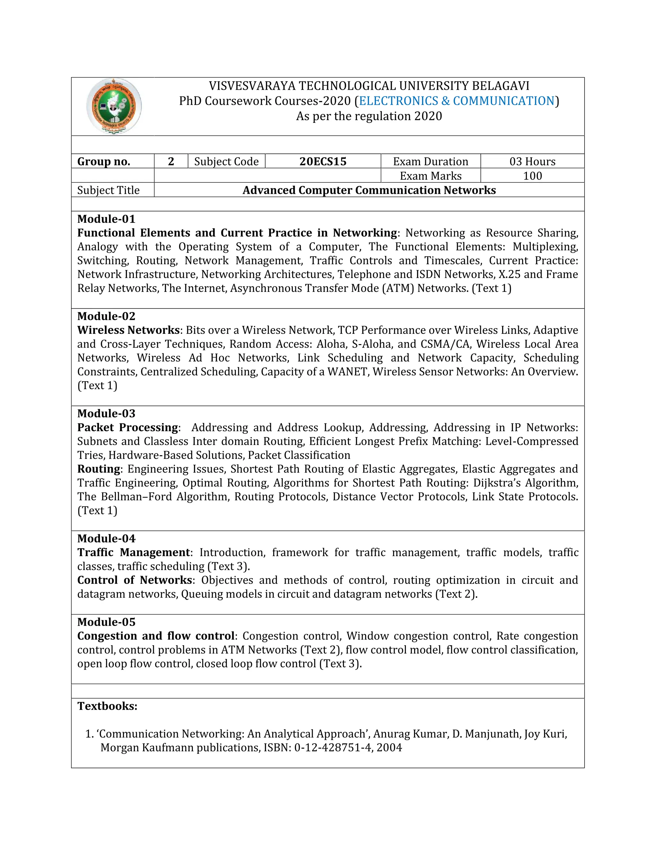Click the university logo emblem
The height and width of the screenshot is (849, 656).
(114, 106)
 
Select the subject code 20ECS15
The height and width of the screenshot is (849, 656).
(323, 161)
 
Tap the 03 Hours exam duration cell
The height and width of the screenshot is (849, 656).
(532, 161)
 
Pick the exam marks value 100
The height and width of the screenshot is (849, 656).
(532, 176)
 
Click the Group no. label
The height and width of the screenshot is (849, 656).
(104, 161)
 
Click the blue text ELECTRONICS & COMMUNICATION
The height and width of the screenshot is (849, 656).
(456, 101)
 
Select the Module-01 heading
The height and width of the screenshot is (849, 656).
(106, 219)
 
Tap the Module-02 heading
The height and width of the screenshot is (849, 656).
(106, 316)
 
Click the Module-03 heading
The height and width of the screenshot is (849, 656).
(106, 413)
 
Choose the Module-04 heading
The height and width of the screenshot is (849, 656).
(106, 539)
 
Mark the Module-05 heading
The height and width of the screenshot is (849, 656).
(106, 622)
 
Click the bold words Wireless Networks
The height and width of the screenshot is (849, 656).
(128, 330)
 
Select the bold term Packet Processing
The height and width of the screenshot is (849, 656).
(127, 427)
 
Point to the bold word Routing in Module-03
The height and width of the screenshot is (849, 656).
(99, 469)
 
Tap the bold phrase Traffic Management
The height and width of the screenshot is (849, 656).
(133, 552)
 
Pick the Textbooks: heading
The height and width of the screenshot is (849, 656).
(107, 706)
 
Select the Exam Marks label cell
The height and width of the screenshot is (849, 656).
(430, 176)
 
